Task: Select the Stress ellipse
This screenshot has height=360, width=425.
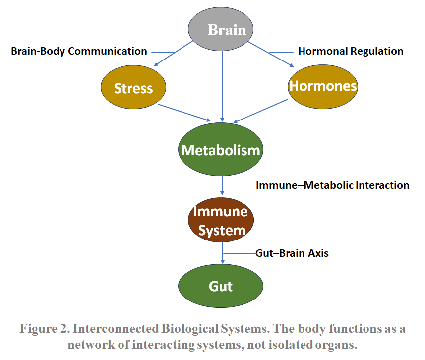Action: click(x=133, y=88)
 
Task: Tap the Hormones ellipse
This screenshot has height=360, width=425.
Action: click(x=323, y=86)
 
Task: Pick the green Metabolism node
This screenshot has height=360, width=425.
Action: click(x=221, y=150)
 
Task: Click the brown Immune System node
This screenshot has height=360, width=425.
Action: click(x=221, y=221)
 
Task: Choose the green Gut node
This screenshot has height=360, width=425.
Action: click(x=221, y=286)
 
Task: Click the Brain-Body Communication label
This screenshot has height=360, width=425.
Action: click(x=79, y=51)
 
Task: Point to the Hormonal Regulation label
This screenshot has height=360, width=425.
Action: click(x=351, y=51)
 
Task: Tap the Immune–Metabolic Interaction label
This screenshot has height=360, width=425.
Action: click(x=332, y=185)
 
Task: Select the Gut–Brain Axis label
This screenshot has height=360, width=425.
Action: click(x=292, y=253)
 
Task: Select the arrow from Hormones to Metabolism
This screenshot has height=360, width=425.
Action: click(x=260, y=111)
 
